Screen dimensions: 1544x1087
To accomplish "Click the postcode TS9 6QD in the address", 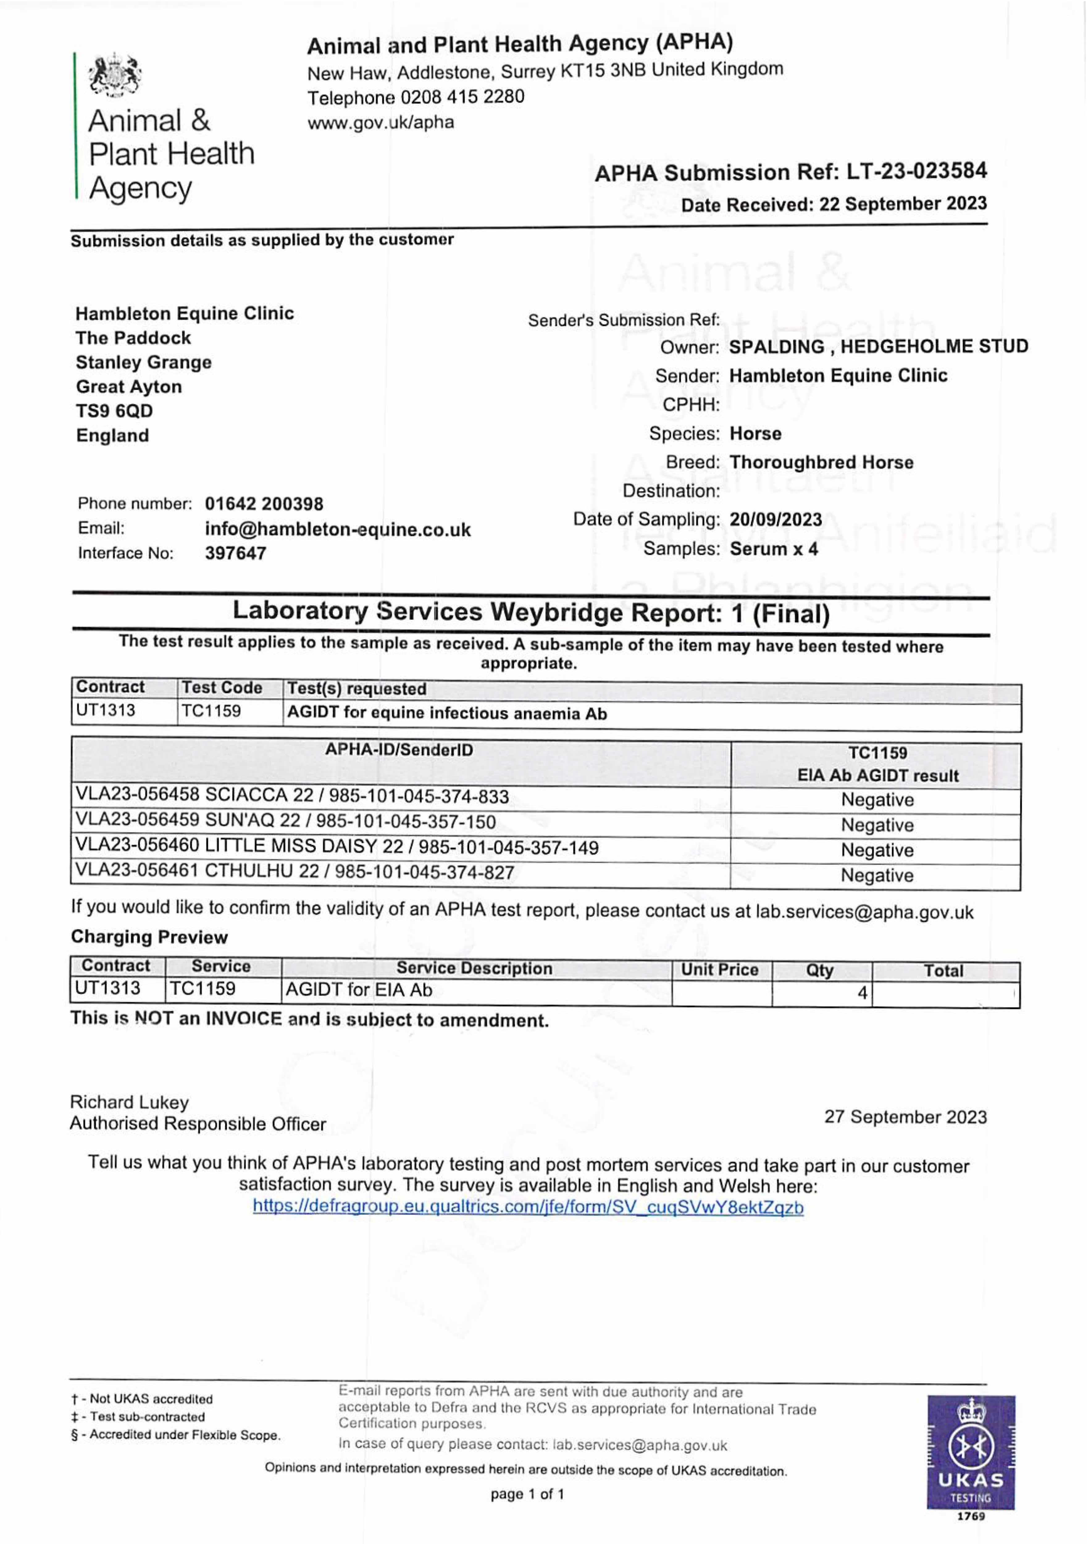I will coord(114,411).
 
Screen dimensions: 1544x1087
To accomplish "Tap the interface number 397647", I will coord(235,553).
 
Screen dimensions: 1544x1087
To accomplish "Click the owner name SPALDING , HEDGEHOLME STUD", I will coord(878,347).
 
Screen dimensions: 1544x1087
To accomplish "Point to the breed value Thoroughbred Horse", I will coord(822,463).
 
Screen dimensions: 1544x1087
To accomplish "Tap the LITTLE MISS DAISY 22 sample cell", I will coord(336,847).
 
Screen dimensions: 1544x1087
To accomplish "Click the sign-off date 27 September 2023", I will coord(905,1117).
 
